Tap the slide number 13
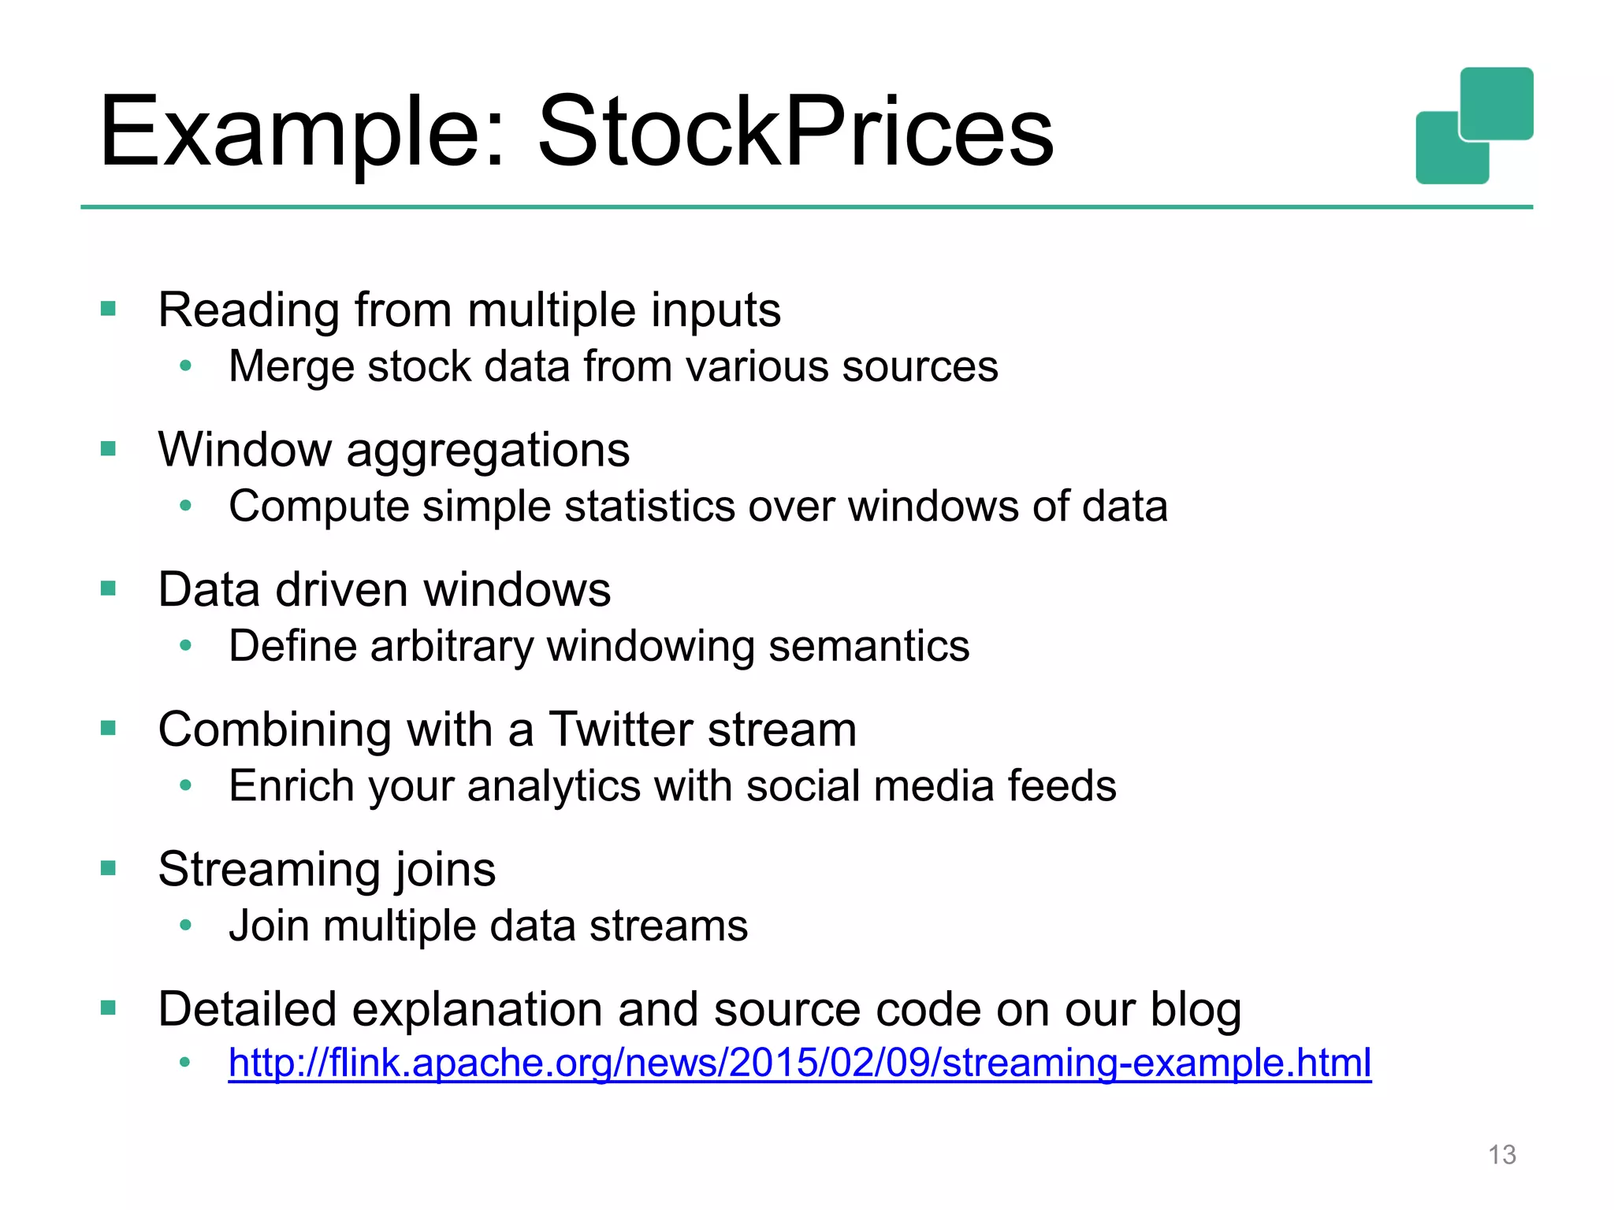(1501, 1155)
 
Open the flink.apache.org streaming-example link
(799, 1063)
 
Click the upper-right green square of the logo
(1497, 102)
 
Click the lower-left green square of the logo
(1442, 154)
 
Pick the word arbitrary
(452, 647)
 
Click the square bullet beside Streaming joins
(108, 868)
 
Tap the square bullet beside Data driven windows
(108, 588)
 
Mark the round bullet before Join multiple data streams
(185, 925)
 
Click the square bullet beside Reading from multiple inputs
(108, 309)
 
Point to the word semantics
(868, 647)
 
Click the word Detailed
(247, 1009)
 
